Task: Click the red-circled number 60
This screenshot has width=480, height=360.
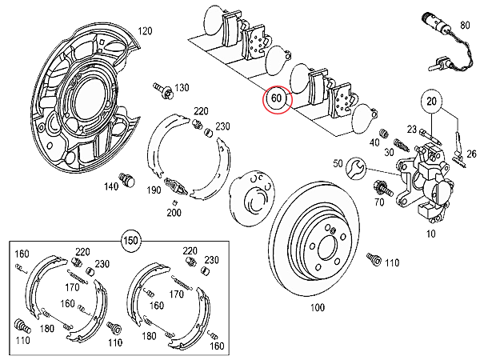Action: [x=277, y=100]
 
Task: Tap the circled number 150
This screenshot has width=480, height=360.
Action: [x=129, y=239]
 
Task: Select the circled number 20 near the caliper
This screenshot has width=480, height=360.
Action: [x=433, y=102]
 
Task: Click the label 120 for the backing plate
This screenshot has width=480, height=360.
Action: [x=145, y=31]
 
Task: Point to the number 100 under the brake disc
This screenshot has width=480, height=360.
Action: [x=317, y=307]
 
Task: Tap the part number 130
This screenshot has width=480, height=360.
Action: [x=182, y=87]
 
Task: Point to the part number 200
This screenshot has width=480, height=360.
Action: [x=173, y=212]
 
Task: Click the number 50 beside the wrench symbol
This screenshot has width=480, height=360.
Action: [x=338, y=163]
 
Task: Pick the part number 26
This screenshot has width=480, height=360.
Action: [x=470, y=154]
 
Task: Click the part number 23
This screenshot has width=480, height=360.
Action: [x=411, y=128]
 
